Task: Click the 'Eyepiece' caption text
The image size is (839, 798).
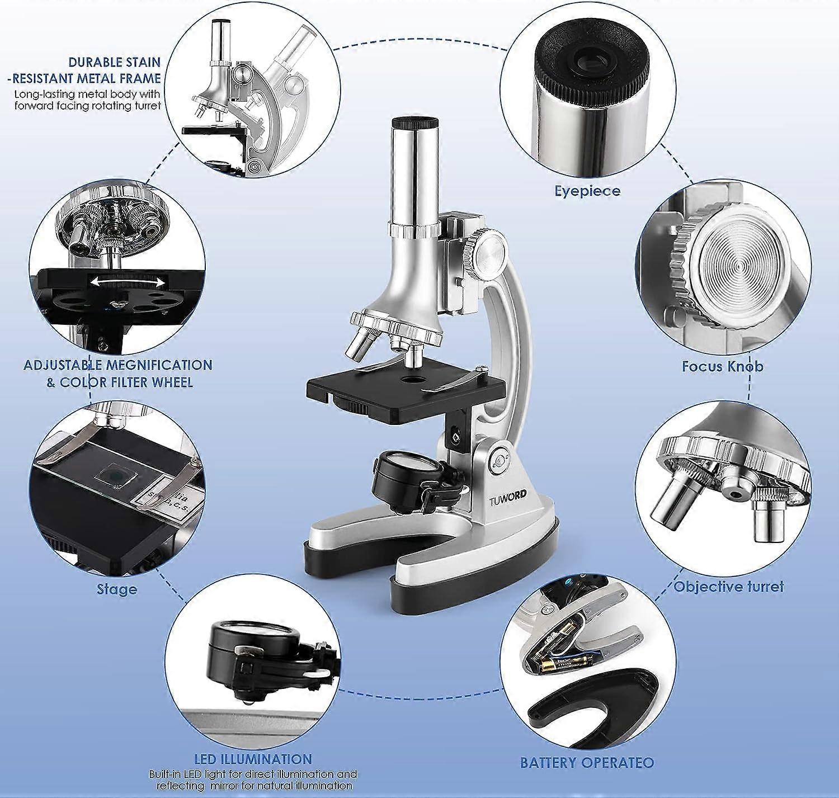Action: (587, 191)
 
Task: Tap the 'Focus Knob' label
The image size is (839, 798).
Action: (723, 367)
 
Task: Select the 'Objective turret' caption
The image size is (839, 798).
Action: (728, 587)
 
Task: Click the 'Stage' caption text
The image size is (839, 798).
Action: (116, 589)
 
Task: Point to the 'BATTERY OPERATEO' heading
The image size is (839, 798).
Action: (587, 763)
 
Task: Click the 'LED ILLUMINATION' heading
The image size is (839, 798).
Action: (253, 759)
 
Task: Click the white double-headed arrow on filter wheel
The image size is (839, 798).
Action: (128, 282)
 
